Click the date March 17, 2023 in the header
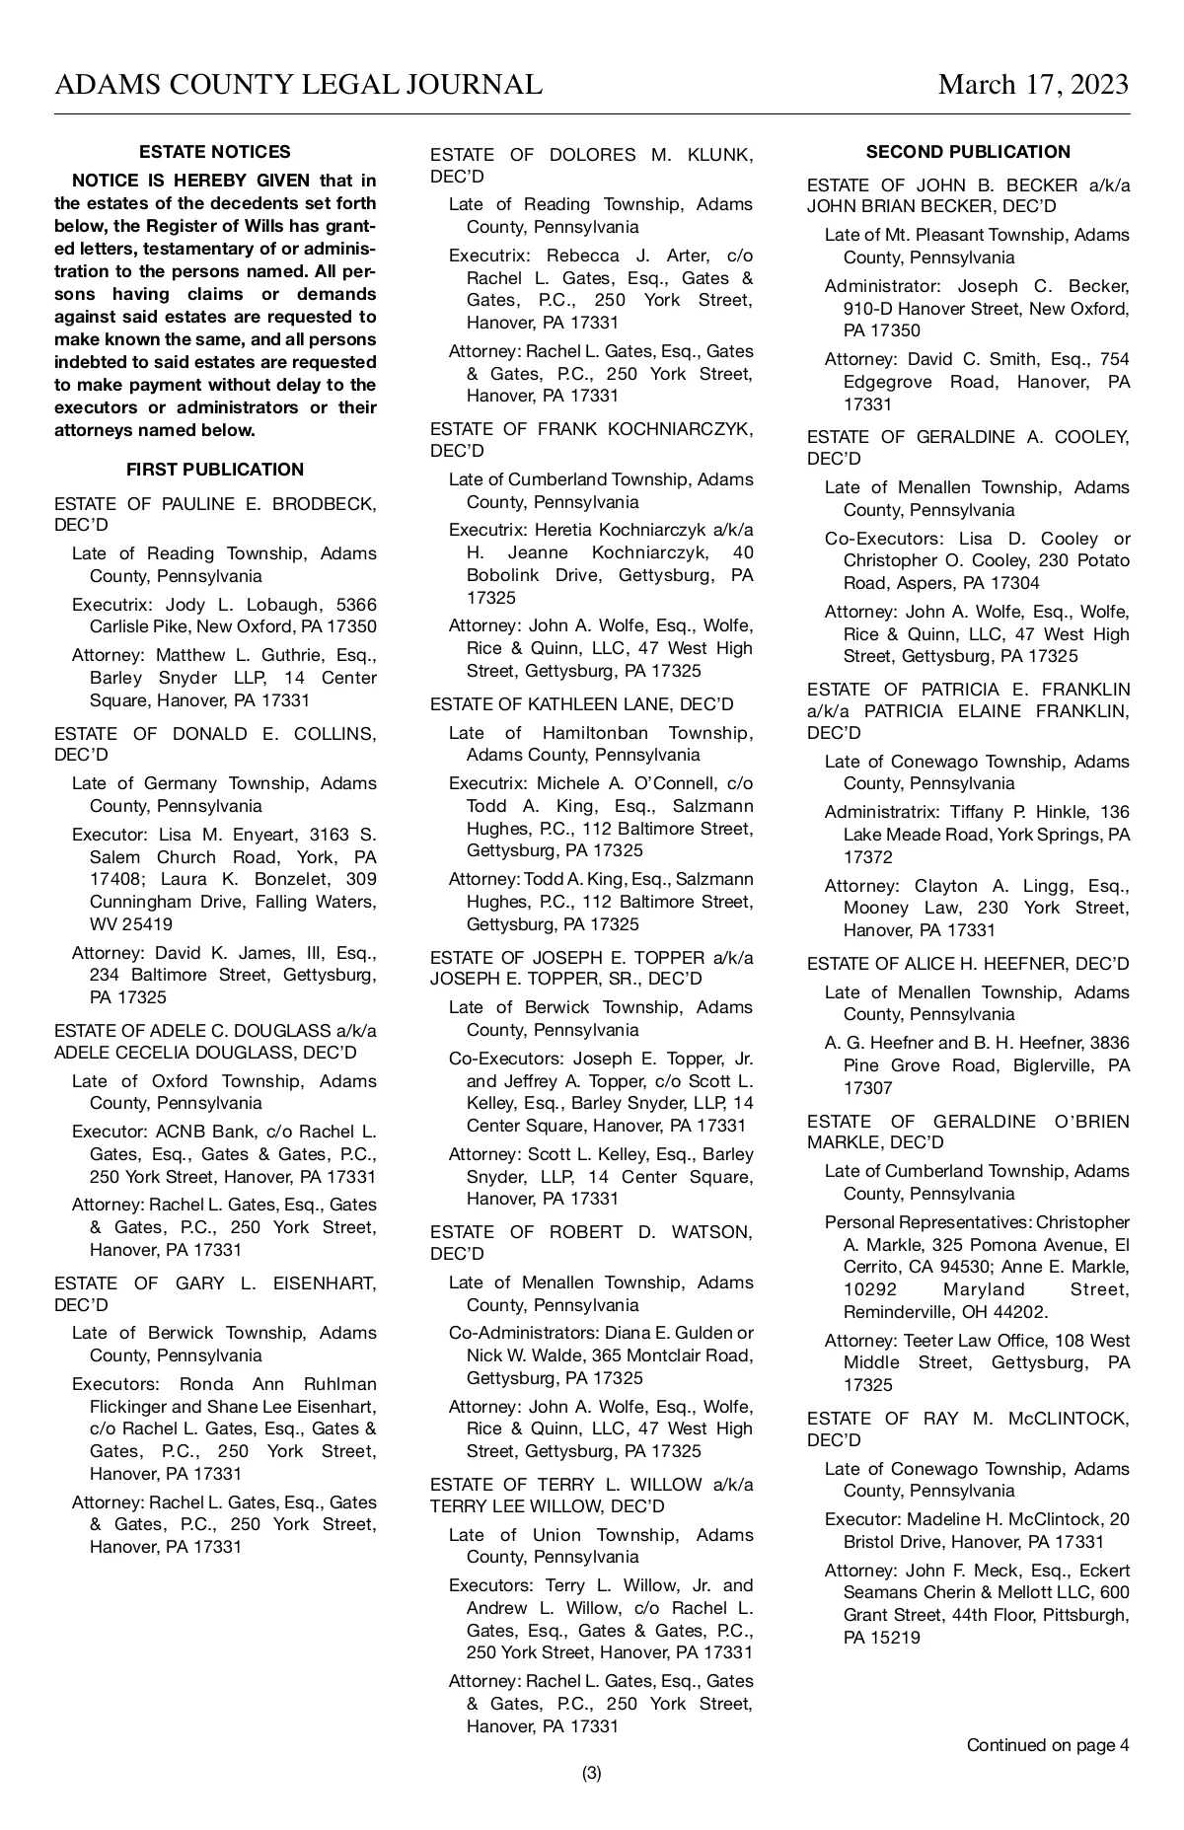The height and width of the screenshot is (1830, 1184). pos(1032,85)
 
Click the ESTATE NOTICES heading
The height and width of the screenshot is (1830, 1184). pos(215,152)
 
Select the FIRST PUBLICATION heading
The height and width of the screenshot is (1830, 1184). pos(215,470)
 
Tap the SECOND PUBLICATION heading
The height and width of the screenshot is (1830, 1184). pos(968,152)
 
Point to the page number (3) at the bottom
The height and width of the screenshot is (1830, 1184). pos(591,1773)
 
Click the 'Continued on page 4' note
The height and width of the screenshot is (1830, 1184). pos(1047,1745)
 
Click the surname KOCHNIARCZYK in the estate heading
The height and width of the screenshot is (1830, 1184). pos(681,429)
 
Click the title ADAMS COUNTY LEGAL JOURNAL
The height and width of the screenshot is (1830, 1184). pos(298,85)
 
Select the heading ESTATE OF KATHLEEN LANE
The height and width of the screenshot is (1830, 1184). pos(581,704)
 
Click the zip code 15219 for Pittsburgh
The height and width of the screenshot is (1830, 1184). pos(895,1638)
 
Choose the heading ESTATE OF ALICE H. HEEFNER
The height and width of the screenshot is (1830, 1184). pos(968,964)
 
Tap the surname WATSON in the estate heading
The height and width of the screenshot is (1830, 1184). pos(711,1232)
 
